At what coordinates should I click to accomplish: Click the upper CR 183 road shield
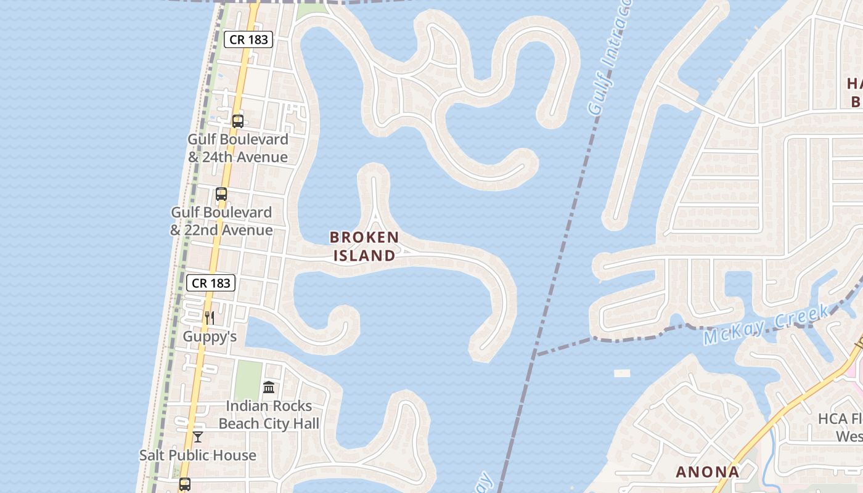point(248,39)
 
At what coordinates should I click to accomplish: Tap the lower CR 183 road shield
point(211,283)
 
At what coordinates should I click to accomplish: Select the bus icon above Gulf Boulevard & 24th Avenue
point(238,121)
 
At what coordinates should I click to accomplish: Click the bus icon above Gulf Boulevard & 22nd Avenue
point(221,194)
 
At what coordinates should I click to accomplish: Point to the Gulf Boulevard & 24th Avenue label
point(238,148)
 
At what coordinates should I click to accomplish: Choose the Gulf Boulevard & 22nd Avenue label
point(221,221)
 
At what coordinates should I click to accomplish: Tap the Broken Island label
point(364,246)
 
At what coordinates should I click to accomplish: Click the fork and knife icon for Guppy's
point(210,318)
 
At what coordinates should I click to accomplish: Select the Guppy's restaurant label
point(210,337)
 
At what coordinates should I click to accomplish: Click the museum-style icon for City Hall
point(269,388)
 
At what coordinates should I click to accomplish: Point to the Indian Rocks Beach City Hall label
point(269,415)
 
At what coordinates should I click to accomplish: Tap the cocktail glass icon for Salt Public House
point(197,437)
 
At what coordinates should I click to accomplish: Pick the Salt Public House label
point(197,455)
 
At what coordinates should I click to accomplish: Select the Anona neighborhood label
point(707,473)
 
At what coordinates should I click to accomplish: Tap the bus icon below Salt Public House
point(185,484)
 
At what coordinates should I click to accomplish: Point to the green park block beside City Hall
point(248,380)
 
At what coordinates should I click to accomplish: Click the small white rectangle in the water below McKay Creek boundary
point(622,373)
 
